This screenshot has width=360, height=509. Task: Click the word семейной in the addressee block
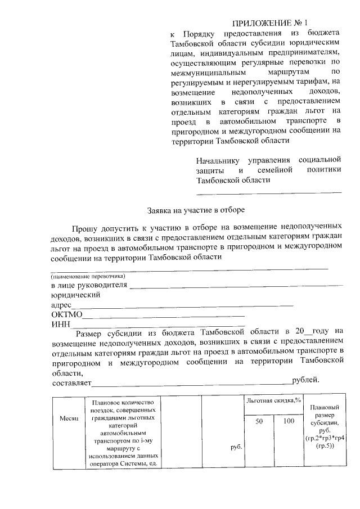click(276, 170)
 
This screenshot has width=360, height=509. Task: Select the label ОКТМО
click(67, 314)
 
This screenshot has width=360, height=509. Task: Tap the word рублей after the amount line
click(305, 380)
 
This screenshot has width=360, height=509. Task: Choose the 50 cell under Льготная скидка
click(259, 421)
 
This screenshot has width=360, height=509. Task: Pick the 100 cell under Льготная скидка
click(289, 421)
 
